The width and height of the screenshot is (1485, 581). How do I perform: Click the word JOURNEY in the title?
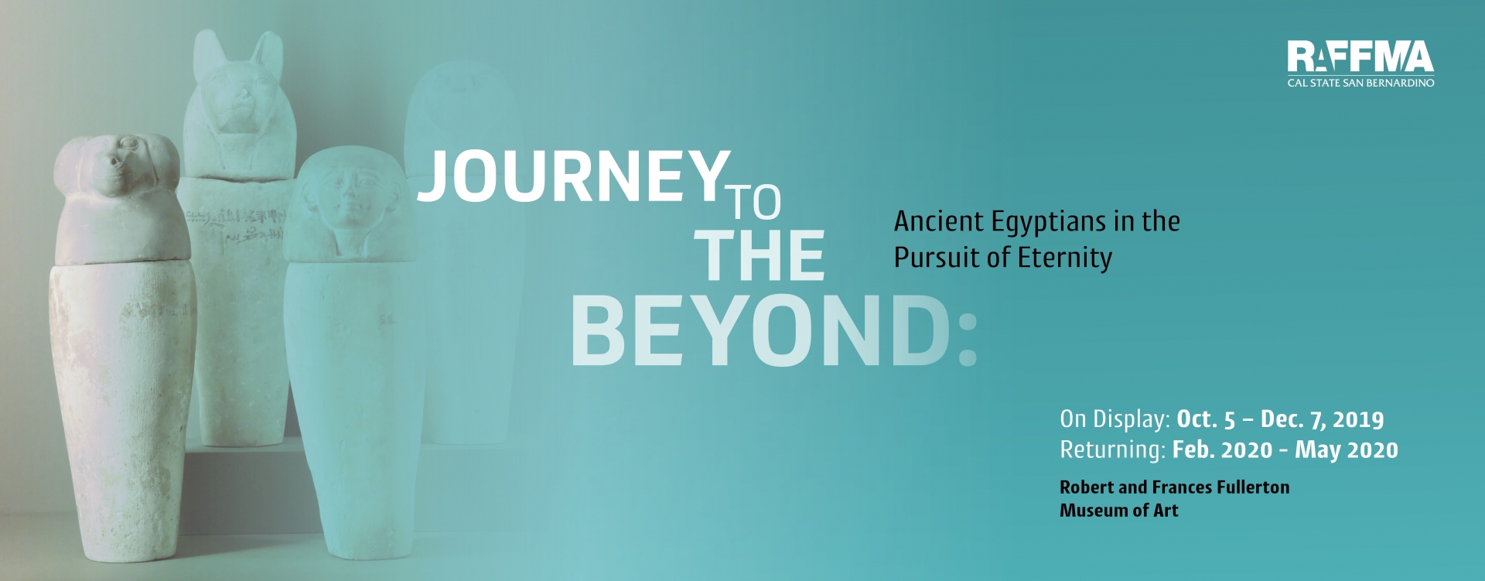coord(573,176)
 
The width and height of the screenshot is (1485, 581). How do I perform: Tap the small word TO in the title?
coord(756,202)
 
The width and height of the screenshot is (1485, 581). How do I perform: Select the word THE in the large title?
coord(760,255)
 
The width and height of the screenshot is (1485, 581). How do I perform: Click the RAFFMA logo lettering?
coord(1360,56)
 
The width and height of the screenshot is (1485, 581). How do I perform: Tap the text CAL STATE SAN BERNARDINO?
coord(1360,82)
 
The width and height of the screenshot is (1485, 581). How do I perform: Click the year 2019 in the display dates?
coord(1358,419)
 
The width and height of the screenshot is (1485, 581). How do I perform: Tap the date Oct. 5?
coord(1206,419)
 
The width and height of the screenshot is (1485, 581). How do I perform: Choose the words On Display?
coord(1115,419)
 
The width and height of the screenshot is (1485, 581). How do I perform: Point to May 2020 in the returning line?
coord(1347,450)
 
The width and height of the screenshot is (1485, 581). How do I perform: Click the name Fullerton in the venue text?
coord(1253,487)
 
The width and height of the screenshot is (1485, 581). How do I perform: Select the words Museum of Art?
coord(1119,511)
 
